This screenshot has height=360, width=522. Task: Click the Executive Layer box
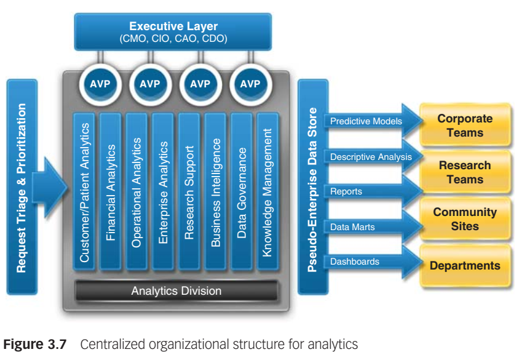pyautogui.click(x=173, y=31)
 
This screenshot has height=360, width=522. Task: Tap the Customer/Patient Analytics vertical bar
pyautogui.click(x=85, y=191)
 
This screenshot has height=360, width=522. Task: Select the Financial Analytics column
pyautogui.click(x=111, y=191)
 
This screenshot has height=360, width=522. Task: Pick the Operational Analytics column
pyautogui.click(x=137, y=191)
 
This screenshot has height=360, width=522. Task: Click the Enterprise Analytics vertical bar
pyautogui.click(x=164, y=191)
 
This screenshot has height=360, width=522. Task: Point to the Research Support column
pyautogui.click(x=190, y=191)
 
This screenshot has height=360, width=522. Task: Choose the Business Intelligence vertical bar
pyautogui.click(x=216, y=191)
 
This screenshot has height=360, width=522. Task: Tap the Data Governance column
pyautogui.click(x=242, y=191)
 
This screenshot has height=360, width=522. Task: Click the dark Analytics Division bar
pyautogui.click(x=176, y=290)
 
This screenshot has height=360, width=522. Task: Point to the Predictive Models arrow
pyautogui.click(x=369, y=121)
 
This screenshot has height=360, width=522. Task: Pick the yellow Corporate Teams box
pyautogui.click(x=465, y=126)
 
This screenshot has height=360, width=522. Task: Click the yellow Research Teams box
pyautogui.click(x=465, y=172)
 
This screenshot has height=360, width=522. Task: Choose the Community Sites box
pyautogui.click(x=465, y=219)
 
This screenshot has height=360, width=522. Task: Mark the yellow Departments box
pyautogui.click(x=465, y=266)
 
